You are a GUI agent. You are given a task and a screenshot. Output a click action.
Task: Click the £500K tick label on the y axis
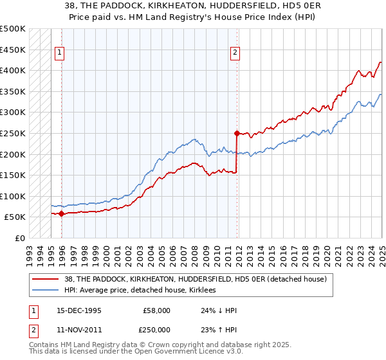coord(13,29)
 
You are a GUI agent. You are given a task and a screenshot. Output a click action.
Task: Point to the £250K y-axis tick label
coord(13,133)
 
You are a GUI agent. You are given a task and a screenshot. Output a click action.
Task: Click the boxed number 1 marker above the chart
coord(59,53)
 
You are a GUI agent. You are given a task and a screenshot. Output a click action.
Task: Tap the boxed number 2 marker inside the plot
coord(235,53)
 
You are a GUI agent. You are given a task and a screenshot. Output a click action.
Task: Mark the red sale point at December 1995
coord(62,213)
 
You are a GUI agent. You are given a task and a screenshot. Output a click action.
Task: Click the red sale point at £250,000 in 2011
coord(237,134)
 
